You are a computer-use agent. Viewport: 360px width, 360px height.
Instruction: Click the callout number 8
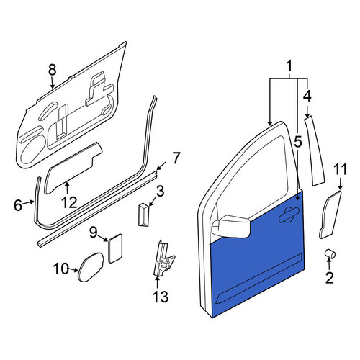(x=52, y=71)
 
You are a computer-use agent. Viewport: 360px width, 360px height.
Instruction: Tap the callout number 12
(x=69, y=202)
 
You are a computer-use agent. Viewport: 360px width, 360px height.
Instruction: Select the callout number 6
(x=18, y=205)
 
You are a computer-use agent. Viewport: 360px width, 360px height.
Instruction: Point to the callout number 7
(x=176, y=158)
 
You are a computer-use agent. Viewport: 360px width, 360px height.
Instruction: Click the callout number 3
(x=160, y=192)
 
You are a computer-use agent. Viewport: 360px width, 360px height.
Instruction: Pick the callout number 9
(x=94, y=233)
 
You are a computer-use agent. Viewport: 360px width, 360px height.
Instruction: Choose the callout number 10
(x=61, y=269)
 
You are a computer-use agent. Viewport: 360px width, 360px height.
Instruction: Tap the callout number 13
(x=161, y=296)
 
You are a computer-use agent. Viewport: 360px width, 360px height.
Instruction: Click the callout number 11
(x=341, y=169)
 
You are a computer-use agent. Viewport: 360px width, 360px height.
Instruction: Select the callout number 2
(x=329, y=278)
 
